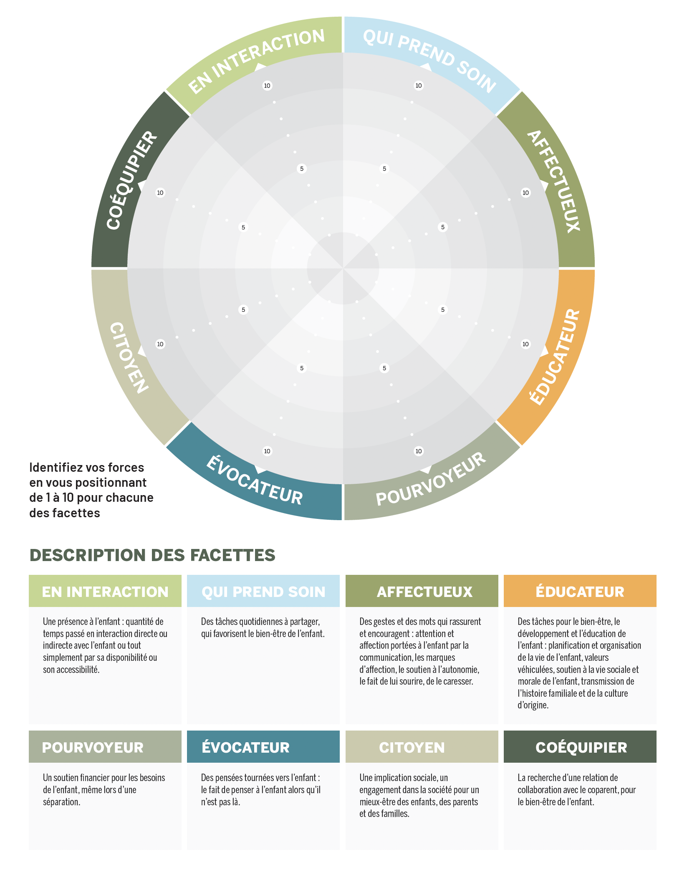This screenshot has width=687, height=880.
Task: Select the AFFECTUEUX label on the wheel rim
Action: [554, 181]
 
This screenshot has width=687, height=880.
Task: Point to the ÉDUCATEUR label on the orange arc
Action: [555, 357]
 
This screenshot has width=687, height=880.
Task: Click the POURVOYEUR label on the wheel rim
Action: [431, 479]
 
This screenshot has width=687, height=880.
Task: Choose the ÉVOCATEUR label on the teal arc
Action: [255, 480]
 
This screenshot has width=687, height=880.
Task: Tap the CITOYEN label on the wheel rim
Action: [129, 358]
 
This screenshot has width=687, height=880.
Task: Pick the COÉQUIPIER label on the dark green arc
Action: [131, 180]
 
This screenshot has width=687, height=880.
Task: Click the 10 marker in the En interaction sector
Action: [267, 86]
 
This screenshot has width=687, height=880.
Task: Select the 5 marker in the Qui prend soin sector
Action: [384, 169]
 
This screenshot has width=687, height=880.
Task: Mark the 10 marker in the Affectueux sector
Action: [525, 192]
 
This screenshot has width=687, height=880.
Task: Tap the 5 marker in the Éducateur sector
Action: [443, 310]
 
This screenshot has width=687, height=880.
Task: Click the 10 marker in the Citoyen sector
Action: [160, 344]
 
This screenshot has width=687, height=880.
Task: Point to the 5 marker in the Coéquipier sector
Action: [243, 227]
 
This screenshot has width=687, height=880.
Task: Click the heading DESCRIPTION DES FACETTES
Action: [152, 555]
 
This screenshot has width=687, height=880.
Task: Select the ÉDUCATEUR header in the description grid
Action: [580, 592]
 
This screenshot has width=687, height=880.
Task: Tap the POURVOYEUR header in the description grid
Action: [93, 747]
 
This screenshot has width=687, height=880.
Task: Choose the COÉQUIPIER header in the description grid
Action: [581, 747]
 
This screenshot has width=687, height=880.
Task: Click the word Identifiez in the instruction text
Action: [56, 467]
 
